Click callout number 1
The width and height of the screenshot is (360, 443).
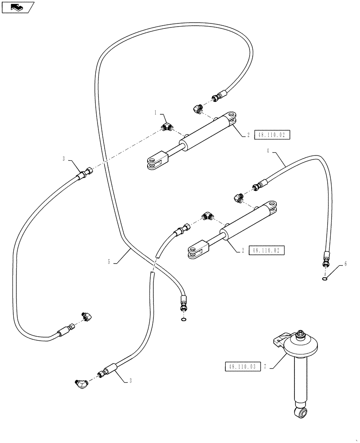tap(156, 113)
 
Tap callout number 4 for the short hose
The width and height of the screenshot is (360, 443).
tap(268, 151)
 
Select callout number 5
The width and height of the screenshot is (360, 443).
tap(109, 262)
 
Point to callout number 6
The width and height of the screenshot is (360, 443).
tap(345, 264)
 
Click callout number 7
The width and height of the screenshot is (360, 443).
tap(265, 367)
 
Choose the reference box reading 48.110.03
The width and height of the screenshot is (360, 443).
tap(242, 367)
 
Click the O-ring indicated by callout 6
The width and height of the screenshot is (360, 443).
tap(325, 279)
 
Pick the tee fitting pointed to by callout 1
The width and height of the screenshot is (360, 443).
tap(167, 127)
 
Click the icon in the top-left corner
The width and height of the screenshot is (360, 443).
tap(18, 7)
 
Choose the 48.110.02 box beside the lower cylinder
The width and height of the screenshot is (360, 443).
tap(266, 250)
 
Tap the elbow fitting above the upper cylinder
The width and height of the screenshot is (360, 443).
tap(197, 108)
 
